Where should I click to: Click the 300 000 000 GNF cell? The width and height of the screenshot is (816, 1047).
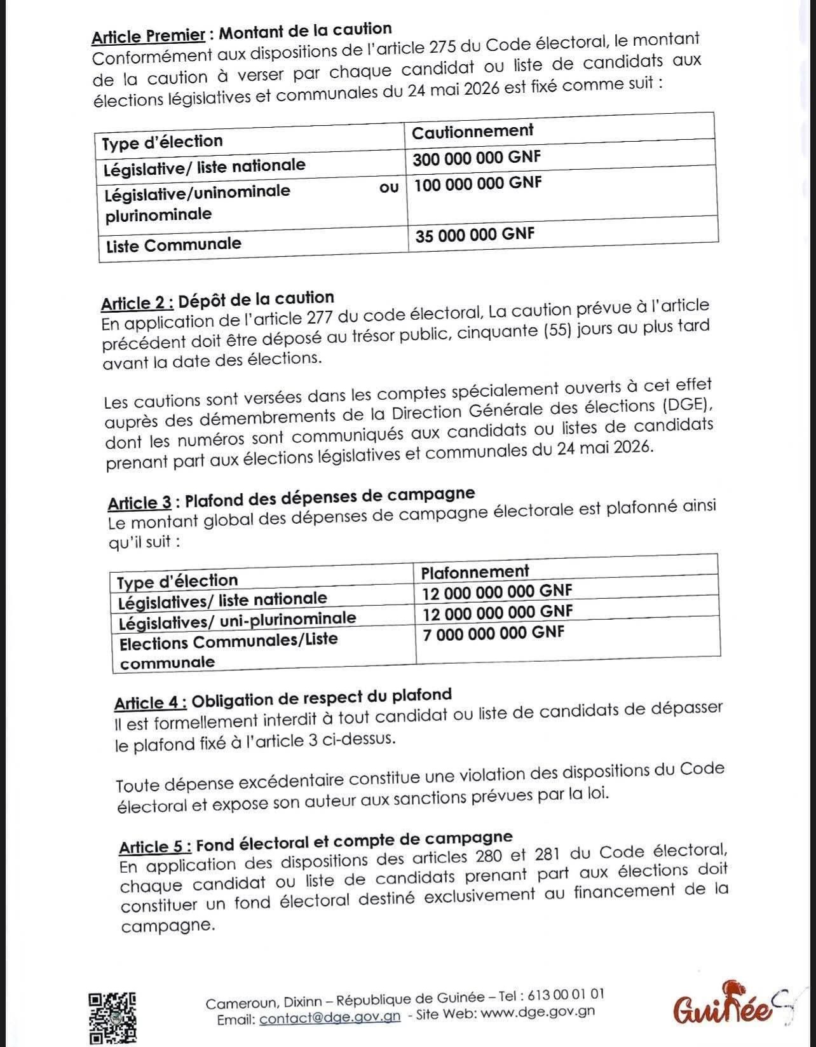click(x=477, y=158)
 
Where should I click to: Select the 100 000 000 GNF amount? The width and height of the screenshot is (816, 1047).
click(x=478, y=184)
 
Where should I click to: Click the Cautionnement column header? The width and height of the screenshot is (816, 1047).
click(x=472, y=131)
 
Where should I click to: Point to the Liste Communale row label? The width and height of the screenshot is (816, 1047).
click(x=173, y=245)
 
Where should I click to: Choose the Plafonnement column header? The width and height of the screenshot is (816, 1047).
click(x=475, y=571)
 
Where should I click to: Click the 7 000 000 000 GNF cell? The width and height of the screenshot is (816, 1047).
click(x=494, y=633)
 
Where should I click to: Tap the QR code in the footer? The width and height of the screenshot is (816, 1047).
click(x=112, y=1017)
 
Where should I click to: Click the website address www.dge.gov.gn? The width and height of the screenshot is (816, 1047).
click(x=538, y=1012)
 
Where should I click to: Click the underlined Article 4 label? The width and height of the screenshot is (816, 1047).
click(x=150, y=703)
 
